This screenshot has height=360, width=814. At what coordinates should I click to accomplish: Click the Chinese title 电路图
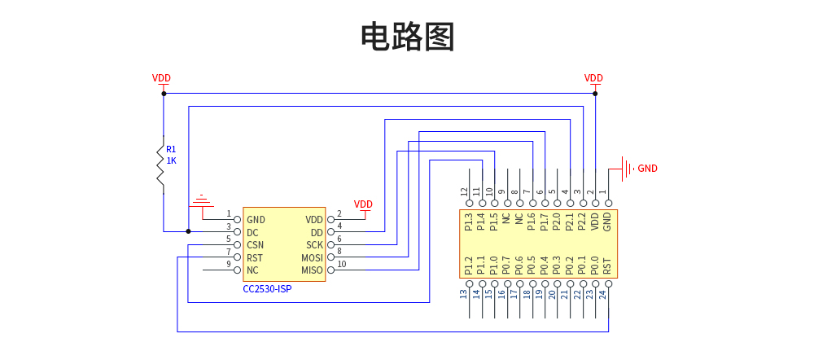pos(407,37)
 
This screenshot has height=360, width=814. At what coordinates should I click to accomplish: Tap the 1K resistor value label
pos(172,160)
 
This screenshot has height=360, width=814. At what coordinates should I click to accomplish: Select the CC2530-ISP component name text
pos(267,289)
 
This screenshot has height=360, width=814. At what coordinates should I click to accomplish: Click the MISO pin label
pos(313,270)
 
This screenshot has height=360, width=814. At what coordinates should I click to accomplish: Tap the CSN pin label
pos(256,245)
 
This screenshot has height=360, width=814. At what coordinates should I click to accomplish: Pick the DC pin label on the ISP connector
pos(252,232)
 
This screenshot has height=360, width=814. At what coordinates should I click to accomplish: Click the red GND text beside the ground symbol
pos(647,169)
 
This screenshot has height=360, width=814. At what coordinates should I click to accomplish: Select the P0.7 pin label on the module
pos(506,266)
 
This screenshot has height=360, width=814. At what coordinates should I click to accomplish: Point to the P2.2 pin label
pos(582,222)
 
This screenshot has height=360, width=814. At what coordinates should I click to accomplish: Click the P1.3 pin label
pos(468,222)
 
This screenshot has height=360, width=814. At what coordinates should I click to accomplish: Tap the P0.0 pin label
pos(594,266)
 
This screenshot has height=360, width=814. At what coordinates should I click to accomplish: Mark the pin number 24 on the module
pos(603,294)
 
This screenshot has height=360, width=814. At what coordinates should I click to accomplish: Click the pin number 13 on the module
pos(464,294)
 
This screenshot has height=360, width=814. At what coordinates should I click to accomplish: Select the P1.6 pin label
pos(532,222)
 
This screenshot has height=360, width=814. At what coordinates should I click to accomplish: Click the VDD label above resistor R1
pos(161,78)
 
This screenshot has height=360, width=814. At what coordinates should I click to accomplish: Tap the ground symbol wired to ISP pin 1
pos(201,200)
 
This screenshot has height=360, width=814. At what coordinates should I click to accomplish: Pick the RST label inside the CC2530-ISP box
pos(255,257)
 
